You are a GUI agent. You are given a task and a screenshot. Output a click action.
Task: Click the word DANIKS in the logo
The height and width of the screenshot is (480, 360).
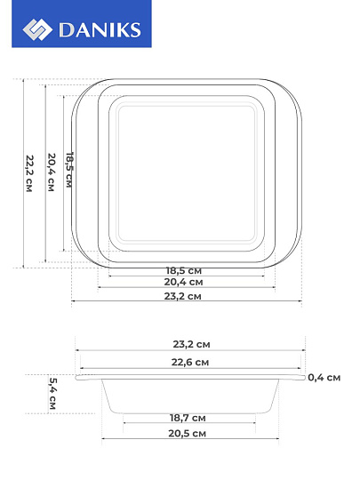[x=100, y=30]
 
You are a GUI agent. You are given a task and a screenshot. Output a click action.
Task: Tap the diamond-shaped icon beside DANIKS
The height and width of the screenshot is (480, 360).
[x=37, y=29]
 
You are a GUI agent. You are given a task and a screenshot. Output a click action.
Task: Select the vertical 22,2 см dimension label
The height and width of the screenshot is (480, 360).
[x=29, y=173]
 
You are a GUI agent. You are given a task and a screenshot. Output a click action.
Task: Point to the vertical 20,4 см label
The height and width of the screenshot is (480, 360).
[x=52, y=172]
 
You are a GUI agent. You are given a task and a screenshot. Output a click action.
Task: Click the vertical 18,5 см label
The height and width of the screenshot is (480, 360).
[x=69, y=170]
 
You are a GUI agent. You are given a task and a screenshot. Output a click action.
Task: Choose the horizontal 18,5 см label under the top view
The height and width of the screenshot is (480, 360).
[x=184, y=270]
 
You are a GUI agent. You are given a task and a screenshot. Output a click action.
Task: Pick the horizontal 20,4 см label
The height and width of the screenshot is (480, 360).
[x=183, y=282]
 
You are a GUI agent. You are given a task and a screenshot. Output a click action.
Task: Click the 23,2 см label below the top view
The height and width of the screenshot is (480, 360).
[x=183, y=296]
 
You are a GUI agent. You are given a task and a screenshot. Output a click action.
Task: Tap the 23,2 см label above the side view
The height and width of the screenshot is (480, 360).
[x=192, y=344]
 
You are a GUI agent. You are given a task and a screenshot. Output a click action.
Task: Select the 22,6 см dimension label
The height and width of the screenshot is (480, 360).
[x=190, y=362]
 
